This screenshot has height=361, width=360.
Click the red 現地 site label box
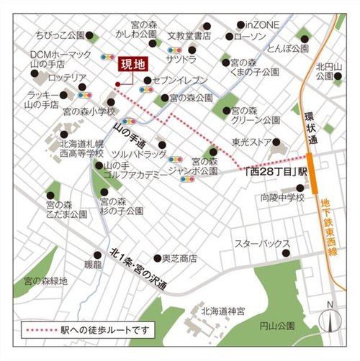[131, 65]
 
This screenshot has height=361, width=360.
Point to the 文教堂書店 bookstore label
[189, 35]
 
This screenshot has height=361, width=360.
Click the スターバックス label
[266, 245]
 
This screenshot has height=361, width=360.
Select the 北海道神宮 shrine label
[217, 311]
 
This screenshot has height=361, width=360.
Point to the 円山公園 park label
[279, 326]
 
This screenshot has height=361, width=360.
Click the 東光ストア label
[252, 142]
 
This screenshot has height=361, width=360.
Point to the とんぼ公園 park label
[287, 49]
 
